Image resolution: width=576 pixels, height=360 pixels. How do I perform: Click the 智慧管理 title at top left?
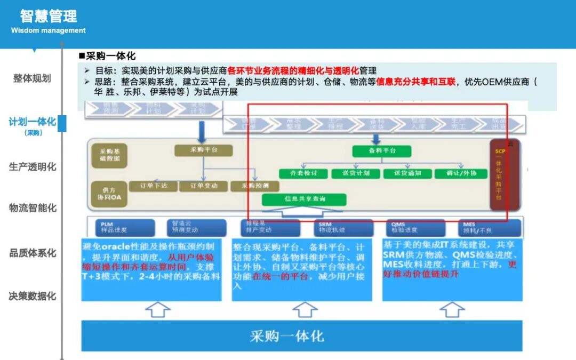tap(48, 16)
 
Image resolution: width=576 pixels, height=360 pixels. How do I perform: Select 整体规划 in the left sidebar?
tap(32, 78)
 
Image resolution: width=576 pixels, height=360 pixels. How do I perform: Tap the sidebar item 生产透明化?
tap(33, 167)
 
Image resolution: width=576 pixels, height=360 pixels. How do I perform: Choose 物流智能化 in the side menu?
tap(33, 208)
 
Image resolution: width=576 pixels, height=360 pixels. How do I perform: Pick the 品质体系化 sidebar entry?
tap(33, 253)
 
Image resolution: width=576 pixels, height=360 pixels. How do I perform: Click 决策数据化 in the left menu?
tap(33, 296)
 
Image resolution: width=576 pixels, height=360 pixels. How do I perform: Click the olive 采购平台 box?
tap(204, 150)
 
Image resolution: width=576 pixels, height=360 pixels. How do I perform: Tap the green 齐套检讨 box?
tap(302, 173)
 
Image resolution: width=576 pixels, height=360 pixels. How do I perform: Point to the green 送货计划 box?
tap(354, 173)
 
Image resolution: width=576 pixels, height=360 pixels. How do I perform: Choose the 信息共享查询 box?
tap(304, 199)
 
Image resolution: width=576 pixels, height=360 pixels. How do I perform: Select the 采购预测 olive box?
tap(255, 186)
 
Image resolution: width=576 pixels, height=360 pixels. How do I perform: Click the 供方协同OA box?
tap(108, 193)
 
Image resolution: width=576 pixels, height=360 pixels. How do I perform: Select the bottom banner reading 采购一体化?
tap(287, 337)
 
